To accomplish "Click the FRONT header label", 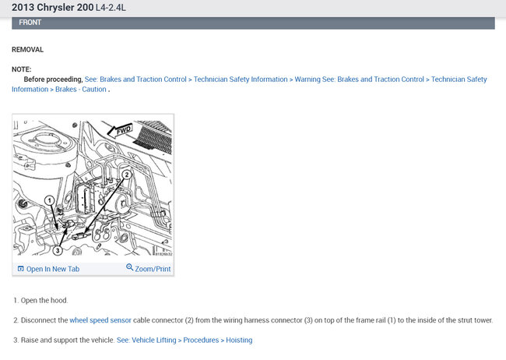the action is click(x=30, y=23).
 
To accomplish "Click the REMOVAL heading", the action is click(x=27, y=50).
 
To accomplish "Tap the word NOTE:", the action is click(x=22, y=69).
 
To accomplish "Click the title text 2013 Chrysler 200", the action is click(x=53, y=8).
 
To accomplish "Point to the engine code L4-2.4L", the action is click(x=111, y=8).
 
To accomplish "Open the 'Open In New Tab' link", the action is click(x=53, y=269).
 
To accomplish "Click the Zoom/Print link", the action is click(x=153, y=269).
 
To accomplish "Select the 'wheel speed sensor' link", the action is click(x=100, y=320).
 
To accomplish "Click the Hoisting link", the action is click(x=239, y=340).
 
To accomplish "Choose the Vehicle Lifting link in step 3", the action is click(x=154, y=340).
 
